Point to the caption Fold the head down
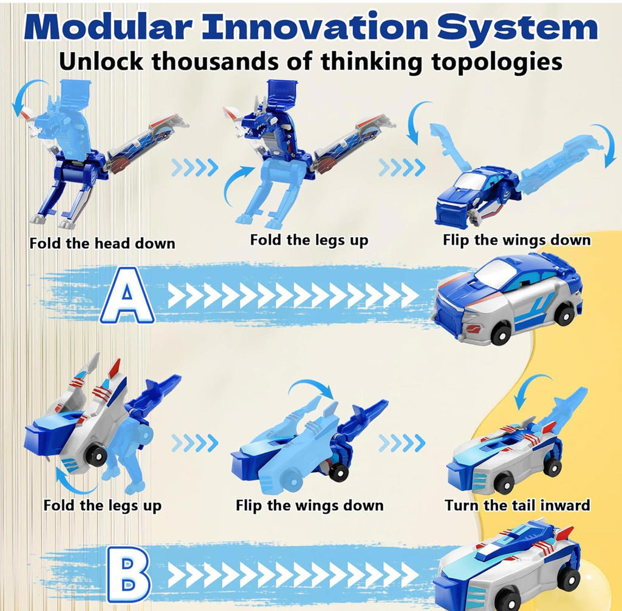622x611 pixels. (102, 244)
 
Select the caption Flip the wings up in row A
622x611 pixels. (516, 240)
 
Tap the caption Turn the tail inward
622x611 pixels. (517, 505)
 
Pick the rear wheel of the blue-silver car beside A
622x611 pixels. (565, 315)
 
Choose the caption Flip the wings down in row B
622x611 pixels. (309, 505)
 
